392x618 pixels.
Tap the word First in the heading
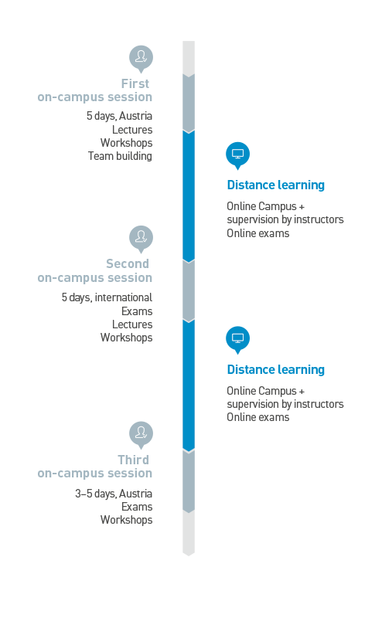click(135, 83)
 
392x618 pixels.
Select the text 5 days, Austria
click(119, 116)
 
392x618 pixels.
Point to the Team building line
click(120, 156)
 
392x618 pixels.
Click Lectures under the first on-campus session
click(132, 130)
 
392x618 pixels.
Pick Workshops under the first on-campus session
click(126, 143)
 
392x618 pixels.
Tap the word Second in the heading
click(128, 263)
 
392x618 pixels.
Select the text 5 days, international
click(107, 297)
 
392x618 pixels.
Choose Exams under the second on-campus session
click(137, 311)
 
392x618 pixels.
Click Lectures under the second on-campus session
click(132, 324)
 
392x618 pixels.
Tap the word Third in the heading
click(133, 460)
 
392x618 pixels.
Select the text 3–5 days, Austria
click(114, 494)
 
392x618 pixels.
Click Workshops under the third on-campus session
click(126, 520)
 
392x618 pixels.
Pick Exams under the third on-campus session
click(137, 507)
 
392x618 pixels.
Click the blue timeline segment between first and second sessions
click(189, 196)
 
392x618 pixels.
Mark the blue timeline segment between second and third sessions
click(189, 385)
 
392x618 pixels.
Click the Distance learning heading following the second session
click(276, 370)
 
